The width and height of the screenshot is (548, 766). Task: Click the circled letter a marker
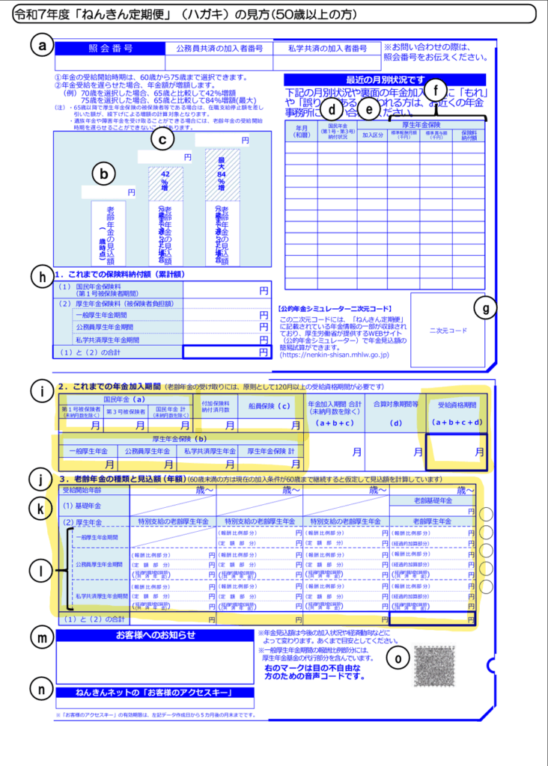(40, 46)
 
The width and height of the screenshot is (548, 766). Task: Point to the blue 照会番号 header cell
(110, 48)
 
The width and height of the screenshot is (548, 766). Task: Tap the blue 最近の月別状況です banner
(385, 79)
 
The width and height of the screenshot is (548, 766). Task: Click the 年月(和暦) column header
(300, 132)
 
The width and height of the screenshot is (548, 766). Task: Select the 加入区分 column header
(372, 136)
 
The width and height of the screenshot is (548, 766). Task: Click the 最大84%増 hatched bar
(222, 173)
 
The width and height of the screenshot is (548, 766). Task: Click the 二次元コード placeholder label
(448, 330)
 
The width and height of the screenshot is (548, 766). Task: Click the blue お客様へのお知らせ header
(155, 635)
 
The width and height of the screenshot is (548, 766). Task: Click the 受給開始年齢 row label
(82, 491)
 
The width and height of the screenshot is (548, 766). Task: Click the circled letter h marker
(40, 275)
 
